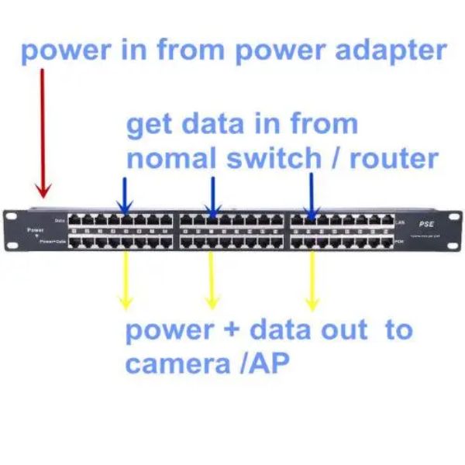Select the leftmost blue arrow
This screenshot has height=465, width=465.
pyautogui.click(x=125, y=194)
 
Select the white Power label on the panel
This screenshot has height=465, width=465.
pyautogui.click(x=35, y=229)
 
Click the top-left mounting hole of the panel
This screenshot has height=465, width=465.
pyautogui.click(x=12, y=216)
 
